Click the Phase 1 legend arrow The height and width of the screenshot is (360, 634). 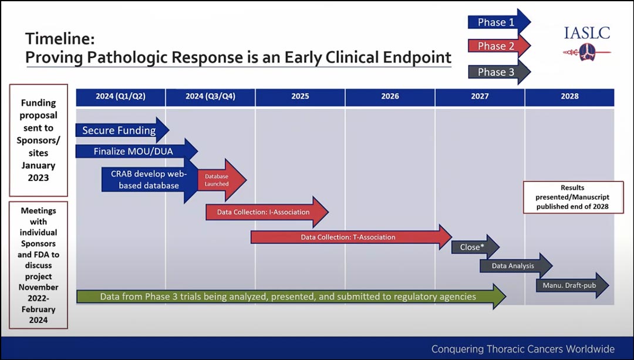(497, 22)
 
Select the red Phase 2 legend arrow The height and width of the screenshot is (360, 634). (497, 46)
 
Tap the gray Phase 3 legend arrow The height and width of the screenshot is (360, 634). (497, 72)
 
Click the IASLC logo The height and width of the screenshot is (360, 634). (586, 41)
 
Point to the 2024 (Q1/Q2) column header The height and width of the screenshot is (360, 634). (120, 96)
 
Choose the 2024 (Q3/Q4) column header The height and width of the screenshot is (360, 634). (210, 96)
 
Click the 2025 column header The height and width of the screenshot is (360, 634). (300, 96)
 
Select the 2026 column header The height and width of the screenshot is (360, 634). (390, 96)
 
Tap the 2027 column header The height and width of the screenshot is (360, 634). (480, 96)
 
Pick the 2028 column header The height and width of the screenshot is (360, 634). (569, 96)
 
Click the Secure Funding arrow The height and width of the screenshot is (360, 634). (120, 130)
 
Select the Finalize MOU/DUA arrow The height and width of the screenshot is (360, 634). (134, 152)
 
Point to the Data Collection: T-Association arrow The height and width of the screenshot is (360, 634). (349, 237)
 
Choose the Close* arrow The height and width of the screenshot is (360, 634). (473, 247)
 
